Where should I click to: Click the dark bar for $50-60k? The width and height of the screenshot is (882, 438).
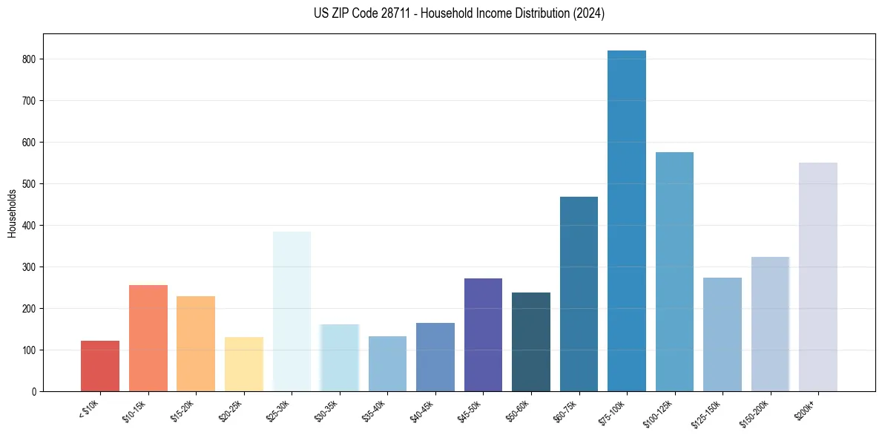point(530,341)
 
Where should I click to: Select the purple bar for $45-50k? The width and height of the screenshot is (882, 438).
point(483,335)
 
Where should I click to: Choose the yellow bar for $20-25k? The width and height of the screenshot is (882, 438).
point(243,364)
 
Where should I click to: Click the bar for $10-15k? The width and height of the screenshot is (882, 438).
point(148,338)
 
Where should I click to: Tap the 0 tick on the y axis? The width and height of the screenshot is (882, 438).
point(34,391)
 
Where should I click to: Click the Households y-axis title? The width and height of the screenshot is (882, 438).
point(13,212)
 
